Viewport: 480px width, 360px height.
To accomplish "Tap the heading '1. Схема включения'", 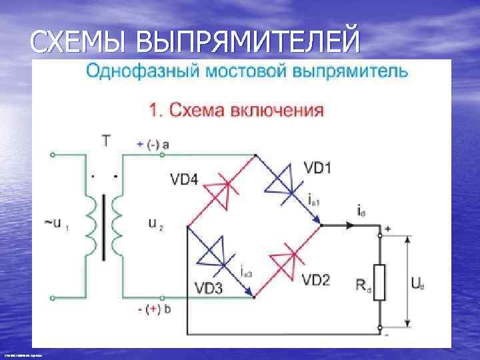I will (x=236, y=110).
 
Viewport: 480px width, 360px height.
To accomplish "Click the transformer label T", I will (x=107, y=140).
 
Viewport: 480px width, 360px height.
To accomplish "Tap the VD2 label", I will (x=315, y=280).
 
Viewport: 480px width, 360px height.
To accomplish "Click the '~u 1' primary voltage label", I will (x=57, y=223).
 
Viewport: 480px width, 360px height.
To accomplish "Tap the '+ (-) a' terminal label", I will (x=152, y=144).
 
